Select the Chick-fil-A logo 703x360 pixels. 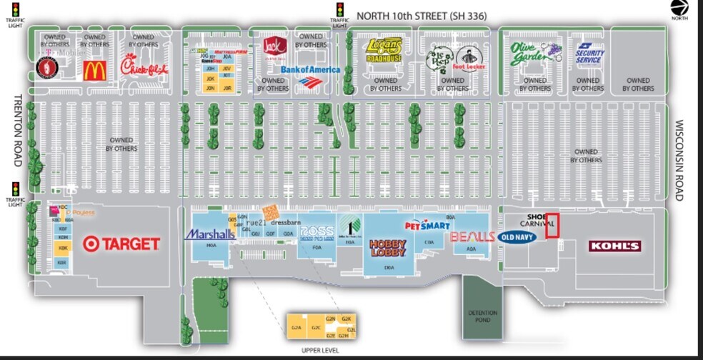(x=144, y=68)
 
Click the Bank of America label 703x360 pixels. (x=309, y=70)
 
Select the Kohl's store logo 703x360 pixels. (x=614, y=246)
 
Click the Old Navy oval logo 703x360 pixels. (x=518, y=237)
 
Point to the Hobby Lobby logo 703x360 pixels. (x=388, y=248)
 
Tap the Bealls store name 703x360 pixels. (x=472, y=236)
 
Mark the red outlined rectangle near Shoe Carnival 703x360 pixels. (x=552, y=225)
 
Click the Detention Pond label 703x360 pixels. (x=482, y=315)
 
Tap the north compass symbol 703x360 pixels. (x=679, y=7)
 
